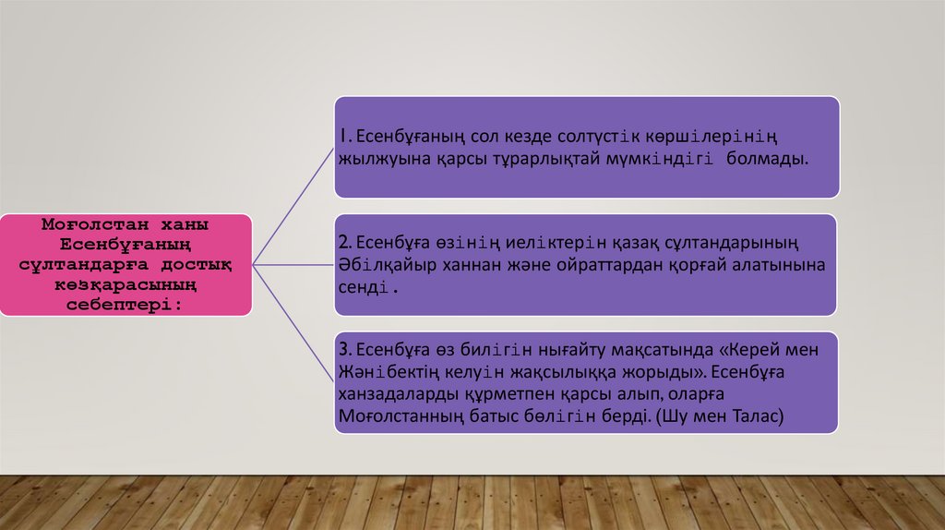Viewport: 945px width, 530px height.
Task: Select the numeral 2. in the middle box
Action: coord(344,243)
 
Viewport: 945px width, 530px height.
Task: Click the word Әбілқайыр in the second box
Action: coord(378,264)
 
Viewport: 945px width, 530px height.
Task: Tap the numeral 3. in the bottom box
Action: coord(344,351)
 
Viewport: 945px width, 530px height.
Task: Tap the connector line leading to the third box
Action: coord(293,323)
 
